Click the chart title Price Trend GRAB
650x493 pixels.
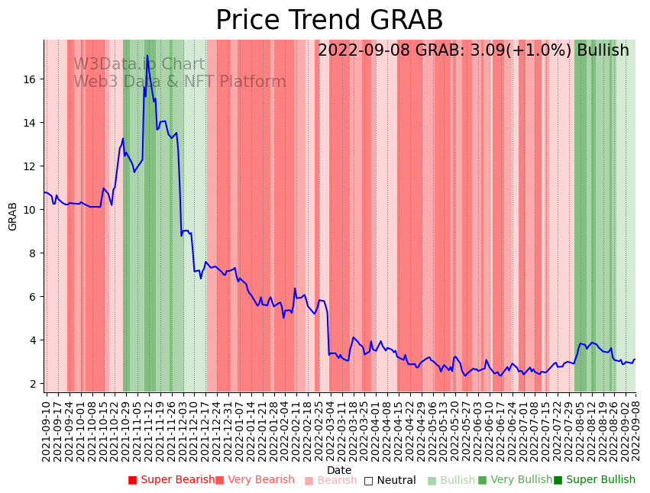(329, 21)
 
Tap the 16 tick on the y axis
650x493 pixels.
(32, 79)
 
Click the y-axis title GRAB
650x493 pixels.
(13, 216)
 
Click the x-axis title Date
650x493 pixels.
(339, 470)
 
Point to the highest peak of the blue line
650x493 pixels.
(147, 55)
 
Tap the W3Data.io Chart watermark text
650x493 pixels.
(139, 65)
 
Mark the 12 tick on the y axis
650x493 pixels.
(32, 166)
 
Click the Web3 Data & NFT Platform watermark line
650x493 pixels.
(179, 82)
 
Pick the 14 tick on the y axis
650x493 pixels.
(32, 123)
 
